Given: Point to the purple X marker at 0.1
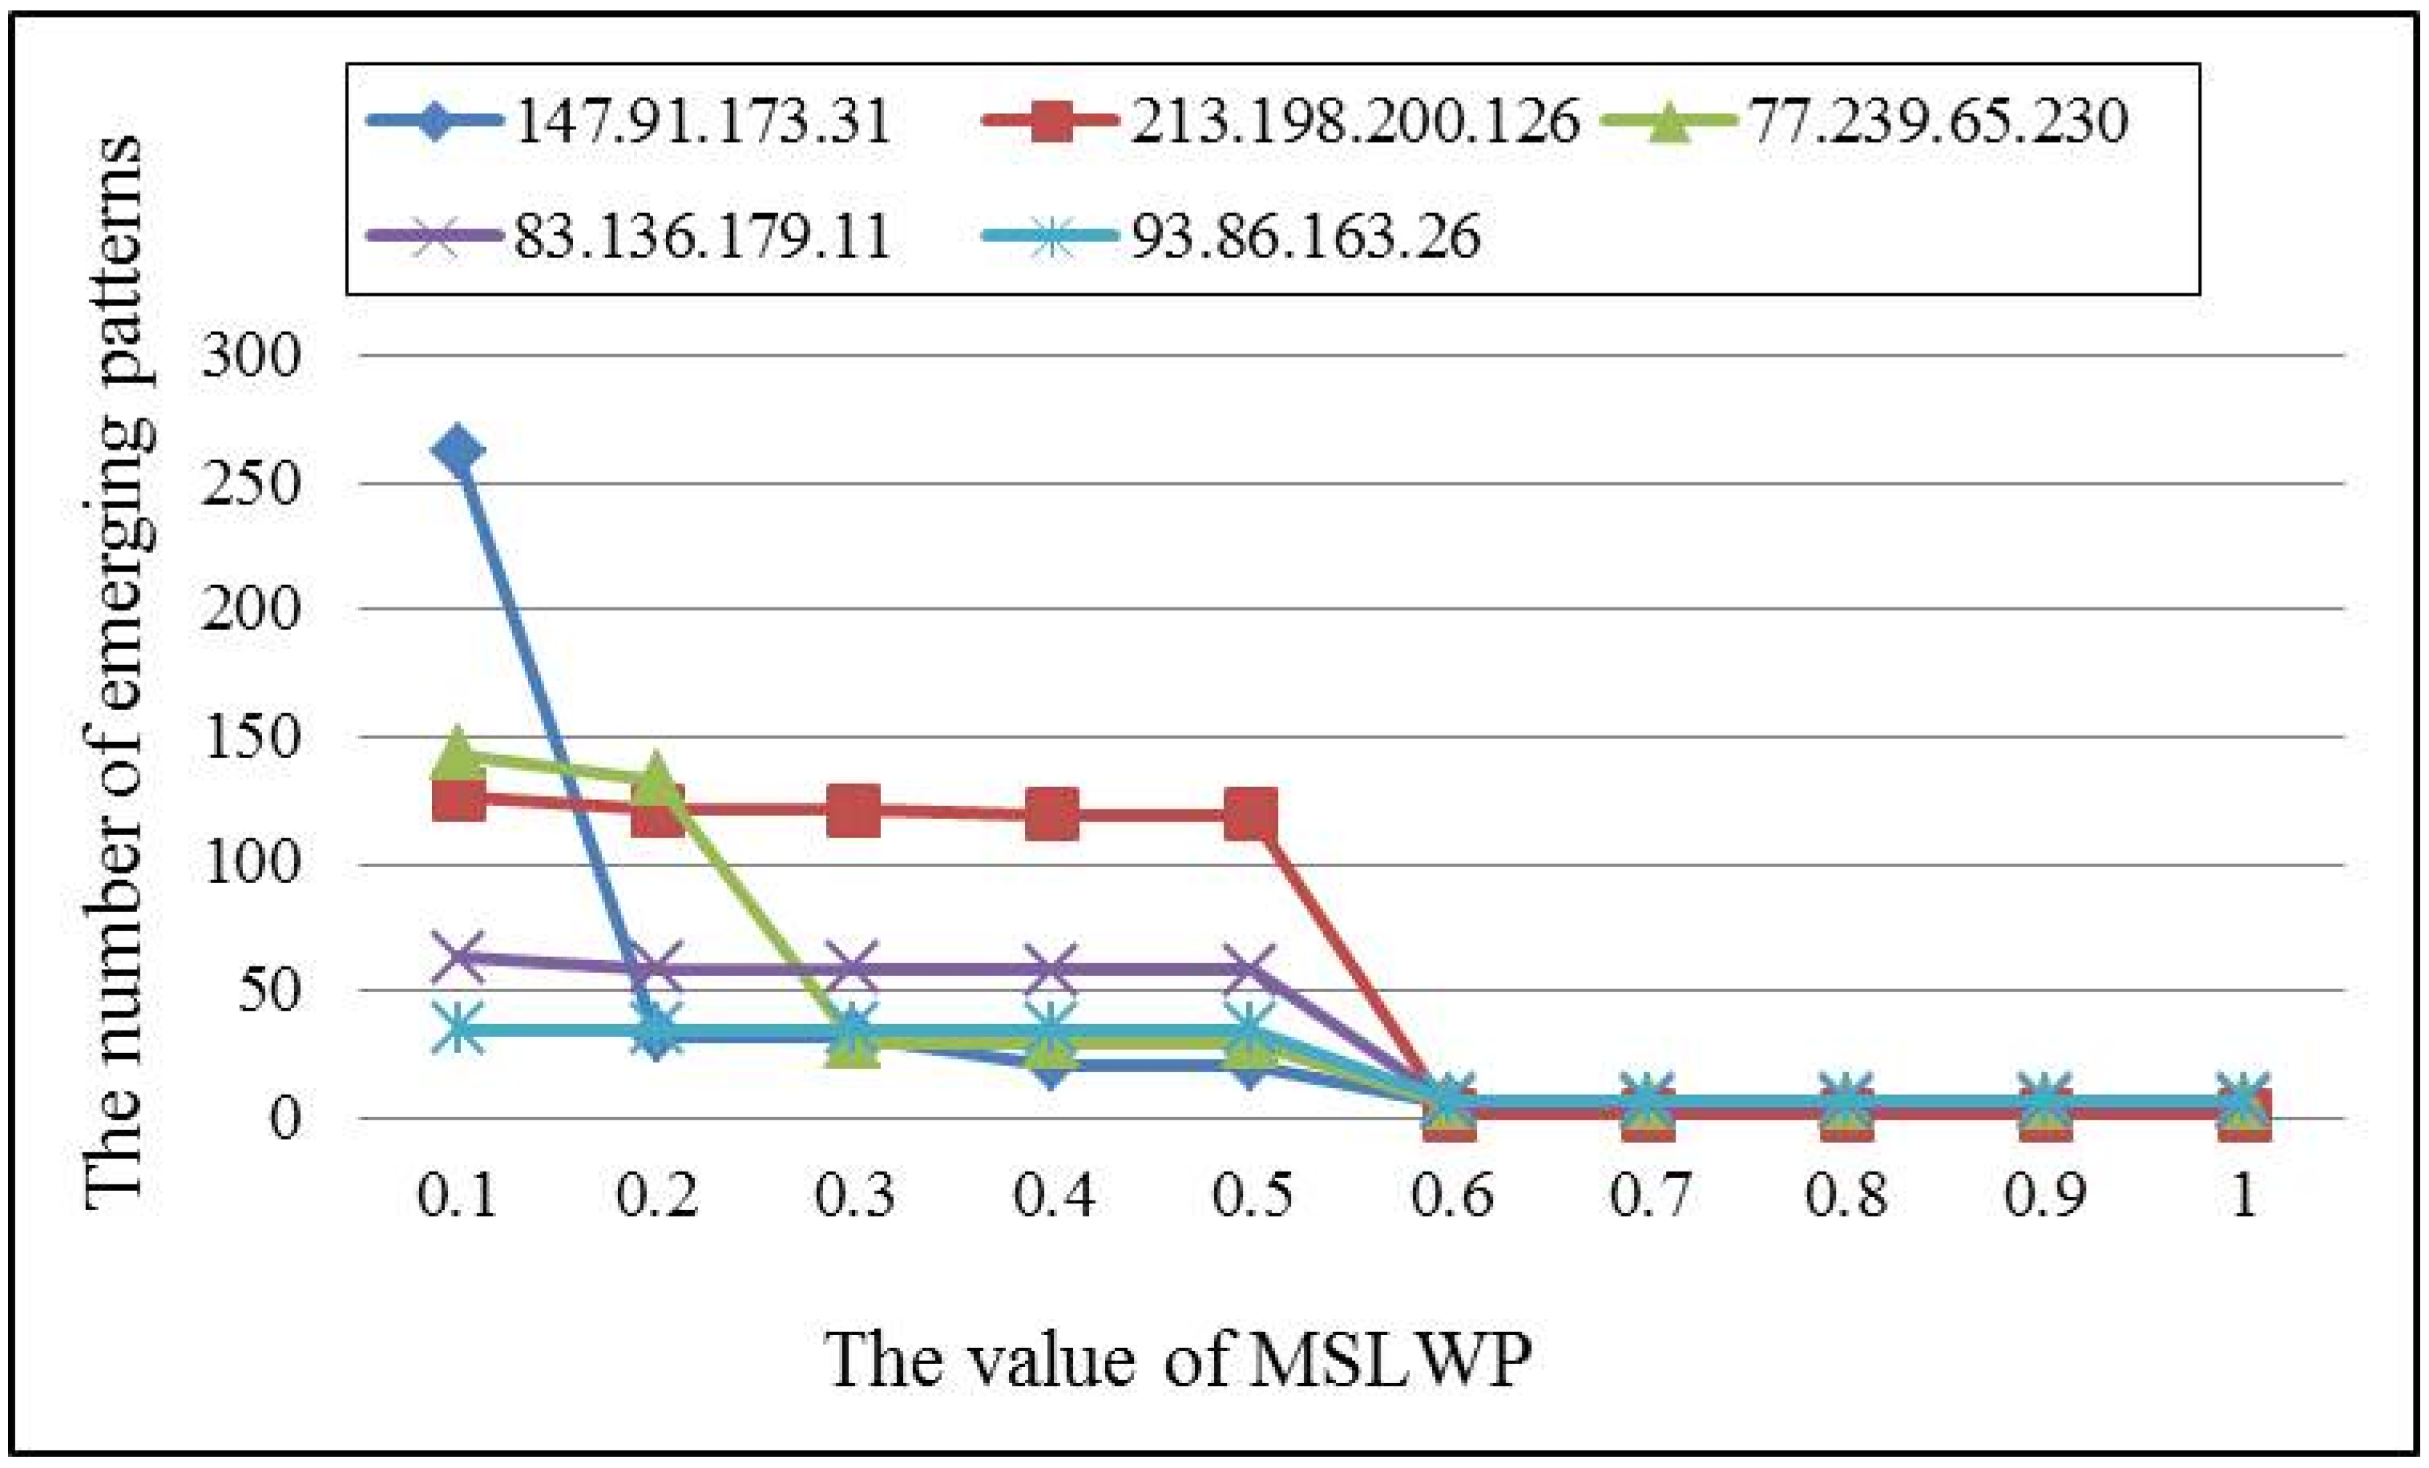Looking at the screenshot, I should click(458, 955).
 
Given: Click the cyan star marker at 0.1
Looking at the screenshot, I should click(458, 1029).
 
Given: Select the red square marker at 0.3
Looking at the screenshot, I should click(853, 810).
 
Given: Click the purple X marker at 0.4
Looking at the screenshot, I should click(1052, 969).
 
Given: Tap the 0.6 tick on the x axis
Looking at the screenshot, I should click(1451, 1196).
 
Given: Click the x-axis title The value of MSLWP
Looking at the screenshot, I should click(1179, 1361).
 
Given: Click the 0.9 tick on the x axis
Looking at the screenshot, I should click(2044, 1196).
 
